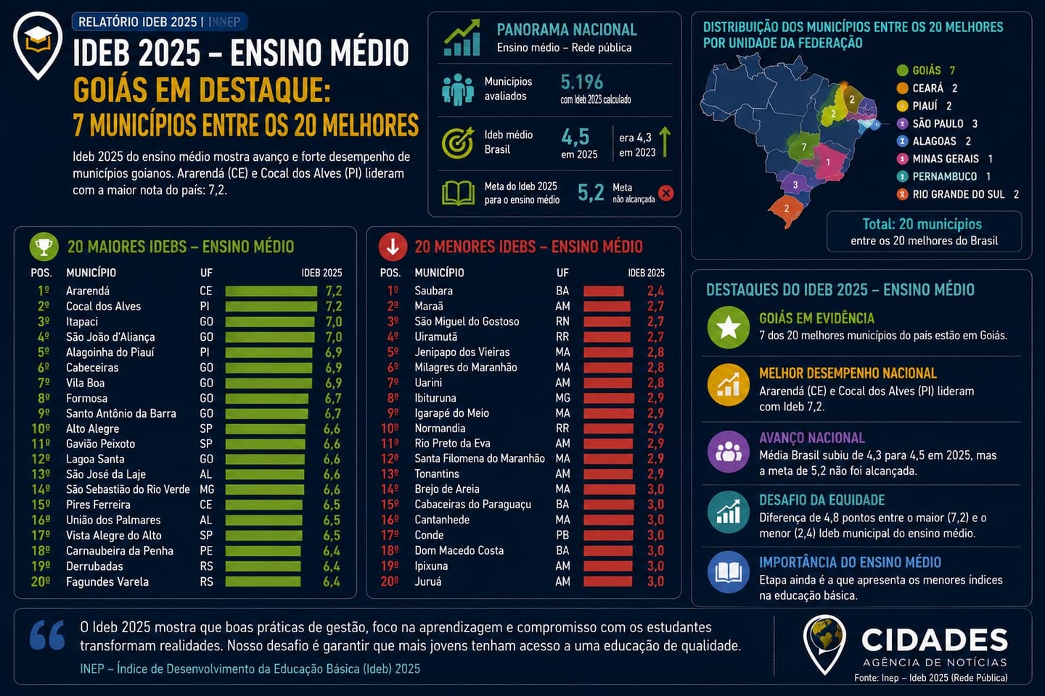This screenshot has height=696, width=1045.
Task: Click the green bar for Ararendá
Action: pyautogui.click(x=271, y=291)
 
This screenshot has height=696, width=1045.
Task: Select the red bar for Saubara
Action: pyautogui.click(x=603, y=291)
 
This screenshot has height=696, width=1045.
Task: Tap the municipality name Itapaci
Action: pyautogui.click(x=82, y=322)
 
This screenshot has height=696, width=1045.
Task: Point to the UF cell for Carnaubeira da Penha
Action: pyautogui.click(x=206, y=550)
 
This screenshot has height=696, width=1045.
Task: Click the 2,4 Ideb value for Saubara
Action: pyautogui.click(x=655, y=291)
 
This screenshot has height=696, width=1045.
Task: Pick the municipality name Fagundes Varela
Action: pyautogui.click(x=107, y=581)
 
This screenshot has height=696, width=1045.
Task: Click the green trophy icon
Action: pyautogui.click(x=44, y=246)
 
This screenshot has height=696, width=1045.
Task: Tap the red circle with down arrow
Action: pyautogui.click(x=393, y=246)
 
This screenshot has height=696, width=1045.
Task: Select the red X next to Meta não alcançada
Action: pyautogui.click(x=665, y=193)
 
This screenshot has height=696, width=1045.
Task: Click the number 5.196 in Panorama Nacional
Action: pyautogui.click(x=582, y=83)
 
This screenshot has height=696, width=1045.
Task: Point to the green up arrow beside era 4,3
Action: pyautogui.click(x=665, y=142)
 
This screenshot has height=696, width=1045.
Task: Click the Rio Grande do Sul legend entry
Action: pyautogui.click(x=958, y=194)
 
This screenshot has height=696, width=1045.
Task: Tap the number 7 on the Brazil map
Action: pyautogui.click(x=804, y=147)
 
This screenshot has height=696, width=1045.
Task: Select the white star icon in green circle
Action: pyautogui.click(x=729, y=327)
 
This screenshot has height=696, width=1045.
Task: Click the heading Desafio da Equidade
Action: pyautogui.click(x=821, y=500)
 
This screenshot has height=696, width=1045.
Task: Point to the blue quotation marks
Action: pyautogui.click(x=47, y=635)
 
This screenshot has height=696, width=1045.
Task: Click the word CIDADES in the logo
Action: pyautogui.click(x=935, y=639)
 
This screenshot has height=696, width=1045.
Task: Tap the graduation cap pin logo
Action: pyautogui.click(x=38, y=45)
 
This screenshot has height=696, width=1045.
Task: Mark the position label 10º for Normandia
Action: pyautogui.click(x=390, y=428)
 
